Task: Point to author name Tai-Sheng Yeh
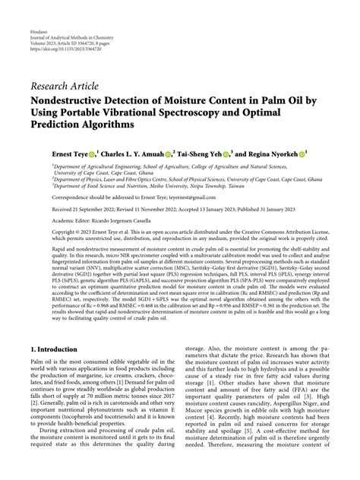(x=199, y=153)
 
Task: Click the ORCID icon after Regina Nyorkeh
(x=302, y=153)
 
